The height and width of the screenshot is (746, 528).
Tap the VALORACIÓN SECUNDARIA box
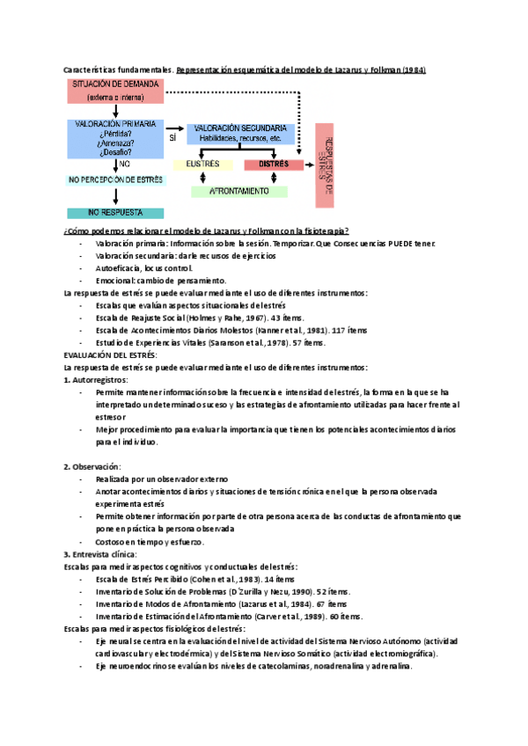click(x=240, y=133)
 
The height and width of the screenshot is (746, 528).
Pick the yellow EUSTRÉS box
click(x=202, y=164)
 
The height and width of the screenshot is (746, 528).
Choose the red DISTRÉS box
click(x=274, y=164)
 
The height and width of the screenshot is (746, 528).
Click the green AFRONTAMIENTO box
click(x=240, y=191)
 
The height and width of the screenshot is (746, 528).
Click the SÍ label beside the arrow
click(x=172, y=137)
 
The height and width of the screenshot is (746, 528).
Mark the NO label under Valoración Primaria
click(x=125, y=164)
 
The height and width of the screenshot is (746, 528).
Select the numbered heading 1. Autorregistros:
click(x=96, y=379)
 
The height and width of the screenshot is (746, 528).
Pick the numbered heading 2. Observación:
click(x=92, y=465)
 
